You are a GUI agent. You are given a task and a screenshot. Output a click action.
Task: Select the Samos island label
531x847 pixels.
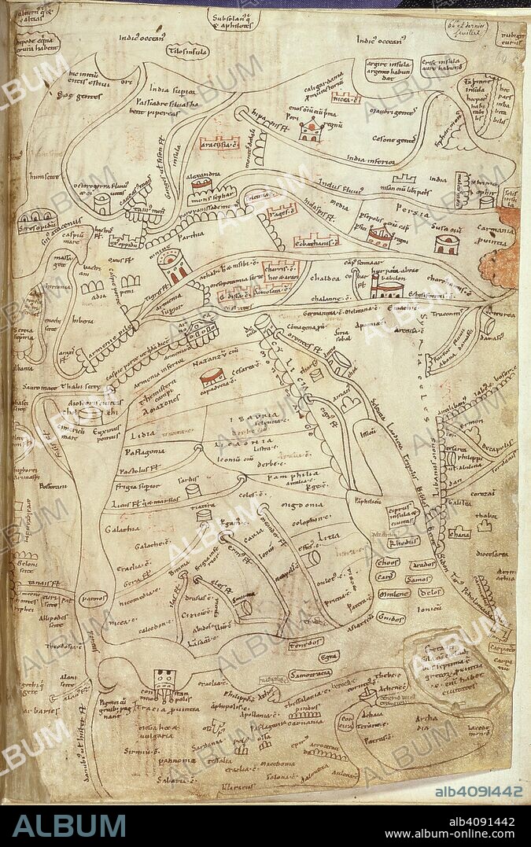pyautogui.click(x=419, y=579)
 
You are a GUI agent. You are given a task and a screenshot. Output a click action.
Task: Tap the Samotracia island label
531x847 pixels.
pyautogui.click(x=308, y=674)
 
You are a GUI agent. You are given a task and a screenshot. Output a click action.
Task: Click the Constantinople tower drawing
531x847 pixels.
pyautogui.click(x=164, y=683)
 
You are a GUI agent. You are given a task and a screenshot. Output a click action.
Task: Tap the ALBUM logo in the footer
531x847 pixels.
pyautogui.click(x=69, y=825)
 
